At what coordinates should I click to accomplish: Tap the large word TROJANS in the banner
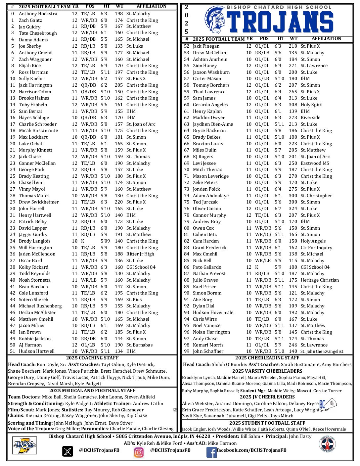point(281,22)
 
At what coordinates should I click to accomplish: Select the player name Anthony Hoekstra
point(38,14)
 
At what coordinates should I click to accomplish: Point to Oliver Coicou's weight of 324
point(293,209)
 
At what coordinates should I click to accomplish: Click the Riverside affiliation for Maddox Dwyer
point(310,118)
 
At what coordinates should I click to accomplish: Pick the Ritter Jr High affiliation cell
point(140,254)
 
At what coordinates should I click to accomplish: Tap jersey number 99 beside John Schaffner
point(187,351)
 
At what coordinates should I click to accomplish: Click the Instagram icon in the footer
point(139,452)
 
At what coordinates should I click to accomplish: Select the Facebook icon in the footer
point(211,452)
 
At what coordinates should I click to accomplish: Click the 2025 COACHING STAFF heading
point(92,358)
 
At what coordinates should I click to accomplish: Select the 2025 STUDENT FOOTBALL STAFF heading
point(267,423)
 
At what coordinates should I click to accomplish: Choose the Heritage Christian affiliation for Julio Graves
point(320,280)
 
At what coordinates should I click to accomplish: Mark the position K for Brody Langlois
point(82,241)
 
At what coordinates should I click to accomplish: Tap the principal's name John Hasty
point(300,437)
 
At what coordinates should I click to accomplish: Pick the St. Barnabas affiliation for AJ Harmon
point(139,345)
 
